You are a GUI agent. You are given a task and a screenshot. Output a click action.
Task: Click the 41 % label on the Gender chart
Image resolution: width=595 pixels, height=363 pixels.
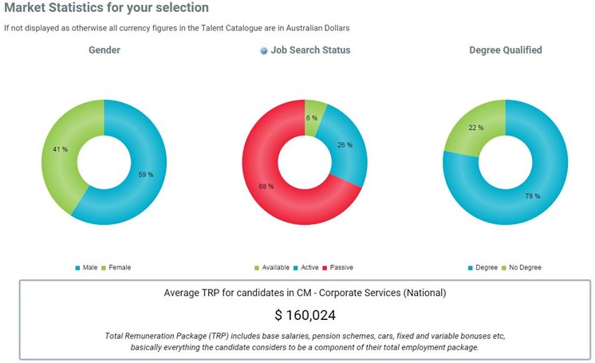pos(59,149)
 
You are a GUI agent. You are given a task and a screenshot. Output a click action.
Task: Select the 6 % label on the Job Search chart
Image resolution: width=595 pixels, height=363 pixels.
pos(312,118)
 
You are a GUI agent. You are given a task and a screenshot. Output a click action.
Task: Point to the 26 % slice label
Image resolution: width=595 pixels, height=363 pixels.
pos(345,144)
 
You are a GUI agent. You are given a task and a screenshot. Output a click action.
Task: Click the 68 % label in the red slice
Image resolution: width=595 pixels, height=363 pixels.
pos(266,186)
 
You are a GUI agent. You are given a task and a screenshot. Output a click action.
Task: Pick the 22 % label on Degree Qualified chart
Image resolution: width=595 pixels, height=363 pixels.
pos(476,128)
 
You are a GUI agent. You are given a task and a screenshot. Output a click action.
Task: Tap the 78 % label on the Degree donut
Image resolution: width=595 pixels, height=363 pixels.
pos(532,196)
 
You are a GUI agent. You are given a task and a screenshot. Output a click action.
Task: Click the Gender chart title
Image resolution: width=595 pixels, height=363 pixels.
pos(104,49)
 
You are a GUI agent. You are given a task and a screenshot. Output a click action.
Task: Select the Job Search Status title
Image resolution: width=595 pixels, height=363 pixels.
pos(310,49)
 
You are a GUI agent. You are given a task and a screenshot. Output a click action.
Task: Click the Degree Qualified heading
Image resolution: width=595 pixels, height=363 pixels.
pos(505,49)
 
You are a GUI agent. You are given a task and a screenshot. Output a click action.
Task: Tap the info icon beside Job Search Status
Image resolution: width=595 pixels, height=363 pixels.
pos(264,50)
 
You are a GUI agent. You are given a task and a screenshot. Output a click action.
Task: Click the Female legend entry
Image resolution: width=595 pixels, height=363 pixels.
pos(119,267)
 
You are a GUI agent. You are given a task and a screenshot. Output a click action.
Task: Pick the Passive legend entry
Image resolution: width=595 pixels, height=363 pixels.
pos(341,267)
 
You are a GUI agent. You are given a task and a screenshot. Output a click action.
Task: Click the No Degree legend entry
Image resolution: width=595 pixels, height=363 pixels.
pos(524,267)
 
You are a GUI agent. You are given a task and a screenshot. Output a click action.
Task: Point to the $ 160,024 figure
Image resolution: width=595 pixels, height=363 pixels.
pos(305,314)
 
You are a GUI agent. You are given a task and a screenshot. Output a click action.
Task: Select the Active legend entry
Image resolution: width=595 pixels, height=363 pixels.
pos(308,267)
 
